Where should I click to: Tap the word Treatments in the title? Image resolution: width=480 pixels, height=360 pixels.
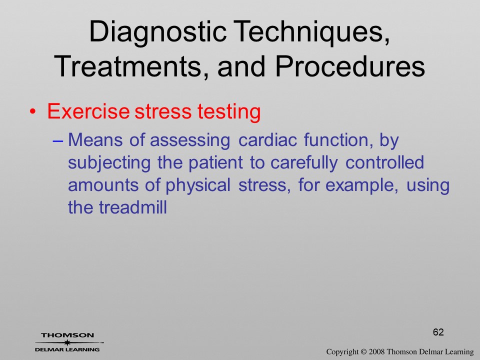pyautogui.click(x=127, y=66)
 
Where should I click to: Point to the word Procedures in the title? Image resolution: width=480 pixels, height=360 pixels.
pyautogui.click(x=350, y=66)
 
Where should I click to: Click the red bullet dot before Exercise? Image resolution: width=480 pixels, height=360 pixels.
pyautogui.click(x=33, y=111)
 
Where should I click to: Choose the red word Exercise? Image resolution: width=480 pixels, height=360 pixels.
pyautogui.click(x=88, y=111)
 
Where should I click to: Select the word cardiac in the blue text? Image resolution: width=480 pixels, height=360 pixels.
pyautogui.click(x=267, y=140)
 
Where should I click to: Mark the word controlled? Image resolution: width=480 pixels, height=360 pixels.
pyautogui.click(x=385, y=162)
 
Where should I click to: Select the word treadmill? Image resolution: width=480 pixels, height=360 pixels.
pyautogui.click(x=133, y=207)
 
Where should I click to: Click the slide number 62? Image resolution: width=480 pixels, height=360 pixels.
pyautogui.click(x=438, y=332)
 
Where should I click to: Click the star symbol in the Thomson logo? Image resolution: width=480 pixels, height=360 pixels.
pyautogui.click(x=67, y=342)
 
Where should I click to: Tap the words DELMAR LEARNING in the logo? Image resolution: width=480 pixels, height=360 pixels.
pyautogui.click(x=67, y=349)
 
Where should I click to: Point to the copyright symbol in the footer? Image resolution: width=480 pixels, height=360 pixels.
pyautogui.click(x=363, y=351)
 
